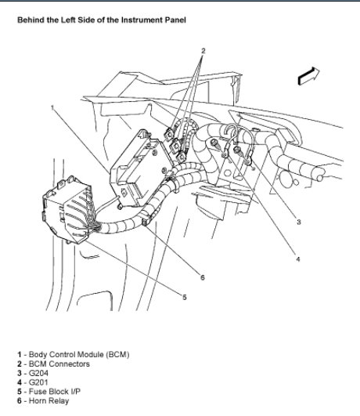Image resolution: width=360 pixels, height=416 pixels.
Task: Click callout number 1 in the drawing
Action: [52, 107]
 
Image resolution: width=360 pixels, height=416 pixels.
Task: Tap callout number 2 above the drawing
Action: [203, 51]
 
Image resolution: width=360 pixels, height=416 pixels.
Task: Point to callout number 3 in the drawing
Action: [298, 222]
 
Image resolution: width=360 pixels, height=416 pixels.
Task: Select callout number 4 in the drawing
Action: [298, 259]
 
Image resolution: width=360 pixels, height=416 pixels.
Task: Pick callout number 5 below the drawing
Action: [185, 297]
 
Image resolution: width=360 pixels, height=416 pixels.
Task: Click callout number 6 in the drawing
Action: [203, 277]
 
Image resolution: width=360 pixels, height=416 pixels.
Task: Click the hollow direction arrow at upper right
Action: [308, 76]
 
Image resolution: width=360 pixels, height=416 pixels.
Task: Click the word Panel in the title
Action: [177, 20]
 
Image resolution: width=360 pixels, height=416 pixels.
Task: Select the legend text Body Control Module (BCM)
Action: [79, 354]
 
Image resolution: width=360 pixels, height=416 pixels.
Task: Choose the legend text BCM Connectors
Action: [59, 364]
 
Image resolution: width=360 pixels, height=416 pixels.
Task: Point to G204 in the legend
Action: [38, 373]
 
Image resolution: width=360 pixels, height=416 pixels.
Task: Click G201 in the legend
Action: [38, 382]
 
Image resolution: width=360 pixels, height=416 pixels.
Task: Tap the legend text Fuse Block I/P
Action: [55, 392]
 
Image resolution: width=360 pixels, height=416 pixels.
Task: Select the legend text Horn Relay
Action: [49, 401]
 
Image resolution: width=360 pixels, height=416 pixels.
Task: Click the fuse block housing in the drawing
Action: [68, 210]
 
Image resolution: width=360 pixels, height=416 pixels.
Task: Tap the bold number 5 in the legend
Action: [20, 392]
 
